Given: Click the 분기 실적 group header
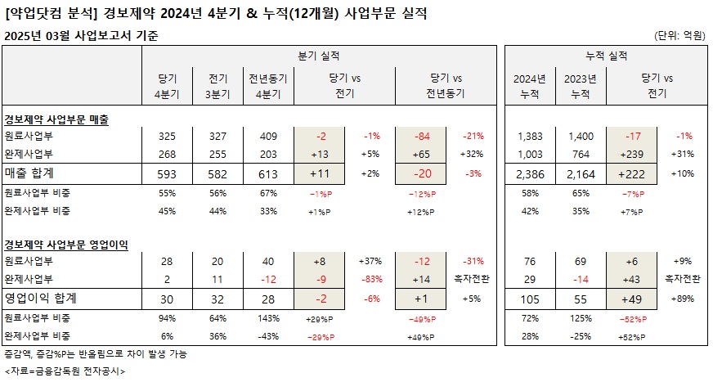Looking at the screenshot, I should pyautogui.click(x=319, y=55).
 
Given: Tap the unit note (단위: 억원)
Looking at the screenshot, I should pyautogui.click(x=679, y=35).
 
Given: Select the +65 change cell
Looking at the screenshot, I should pyautogui.click(x=422, y=153).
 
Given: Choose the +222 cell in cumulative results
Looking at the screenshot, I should pyautogui.click(x=634, y=173).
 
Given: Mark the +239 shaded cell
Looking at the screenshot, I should pyautogui.click(x=634, y=153).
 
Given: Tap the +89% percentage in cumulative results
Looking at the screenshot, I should pyautogui.click(x=682, y=299).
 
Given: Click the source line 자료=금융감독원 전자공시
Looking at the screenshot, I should pyautogui.click(x=65, y=371).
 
